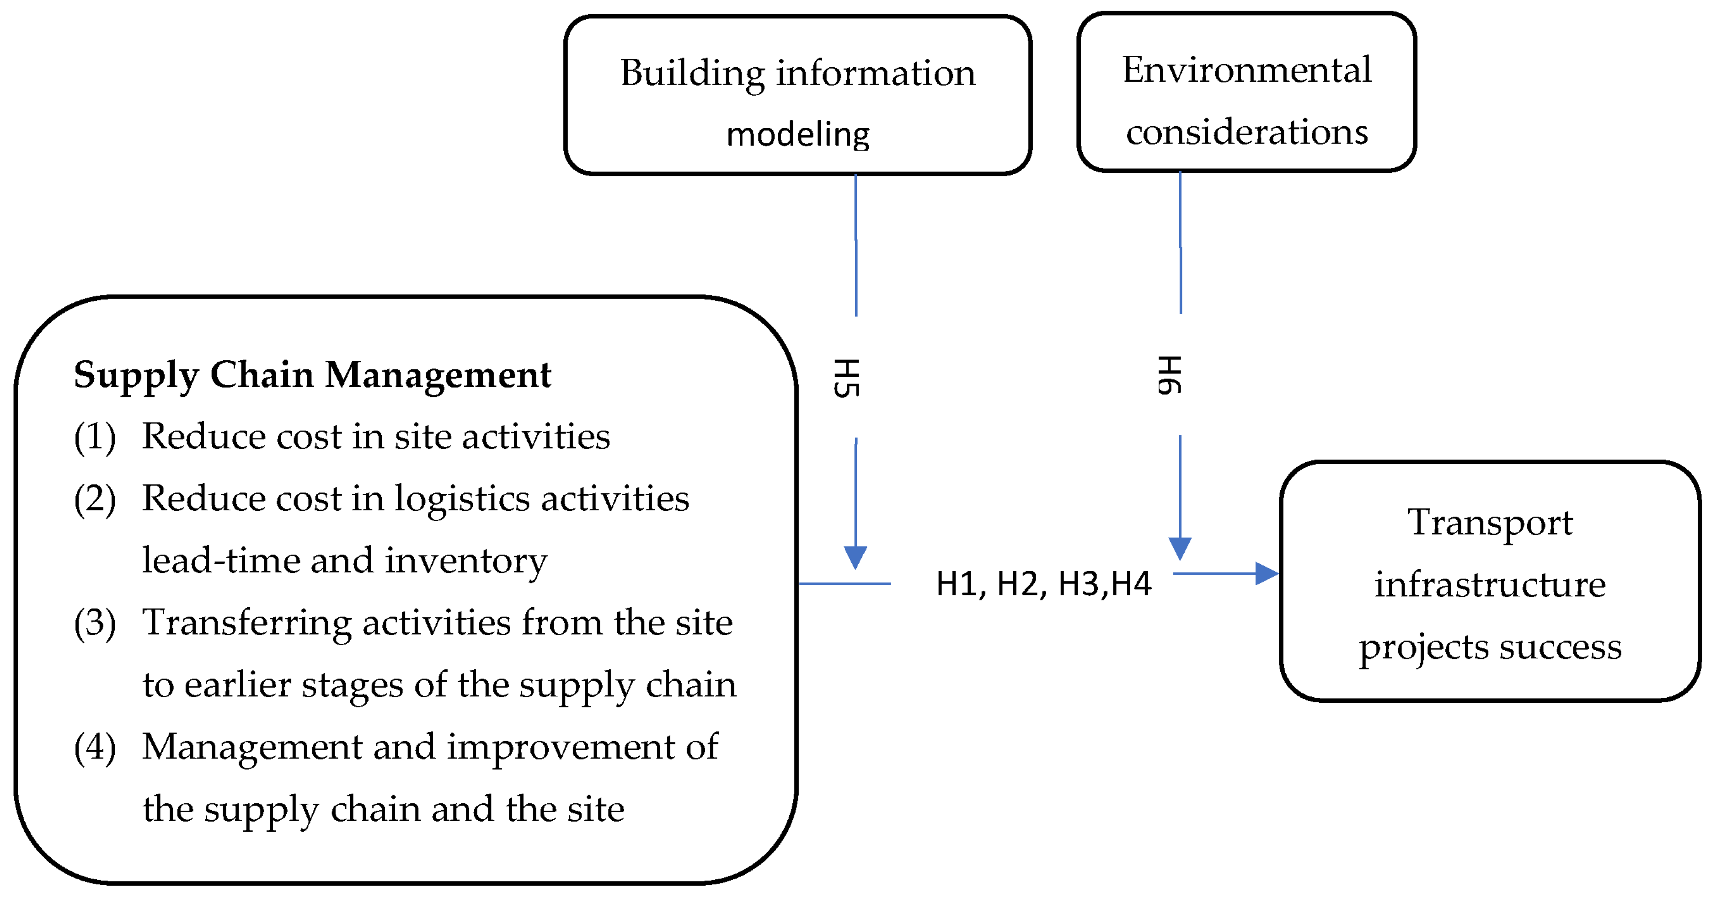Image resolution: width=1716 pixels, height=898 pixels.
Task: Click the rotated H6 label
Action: [x=1170, y=375]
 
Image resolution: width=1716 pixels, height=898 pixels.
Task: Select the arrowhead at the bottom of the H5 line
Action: [x=855, y=557]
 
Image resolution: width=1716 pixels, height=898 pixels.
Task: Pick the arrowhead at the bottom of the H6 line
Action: [x=1180, y=548]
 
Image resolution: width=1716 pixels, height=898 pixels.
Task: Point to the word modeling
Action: [x=797, y=134]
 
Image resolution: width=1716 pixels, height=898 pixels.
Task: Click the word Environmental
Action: [x=1246, y=70]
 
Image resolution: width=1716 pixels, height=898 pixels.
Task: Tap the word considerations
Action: [x=1246, y=131]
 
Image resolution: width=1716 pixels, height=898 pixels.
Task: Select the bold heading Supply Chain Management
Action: [x=312, y=374]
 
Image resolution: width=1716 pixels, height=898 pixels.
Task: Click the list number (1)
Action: [x=95, y=437]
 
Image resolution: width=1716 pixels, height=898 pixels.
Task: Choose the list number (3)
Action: [x=95, y=623]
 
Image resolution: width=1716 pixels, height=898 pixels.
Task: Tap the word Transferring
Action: [x=246, y=623]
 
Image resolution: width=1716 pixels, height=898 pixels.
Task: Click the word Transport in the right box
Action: [x=1490, y=522]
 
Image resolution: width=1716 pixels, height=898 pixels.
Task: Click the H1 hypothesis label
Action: [x=959, y=584]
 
